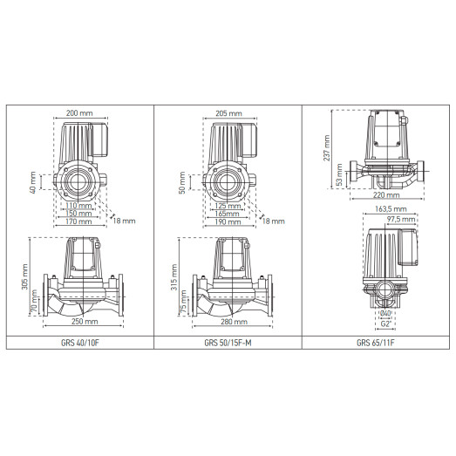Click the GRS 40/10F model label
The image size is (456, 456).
pyautogui.click(x=80, y=342)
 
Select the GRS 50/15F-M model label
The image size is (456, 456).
pyautogui.click(x=228, y=342)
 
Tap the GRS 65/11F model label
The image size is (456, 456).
pyautogui.click(x=375, y=342)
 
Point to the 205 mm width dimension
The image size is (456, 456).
pyautogui.click(x=229, y=113)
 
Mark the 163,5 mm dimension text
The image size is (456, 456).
pyautogui.click(x=385, y=209)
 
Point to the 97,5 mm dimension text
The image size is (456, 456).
pyautogui.click(x=403, y=220)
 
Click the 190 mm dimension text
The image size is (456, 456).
pyautogui.click(x=228, y=221)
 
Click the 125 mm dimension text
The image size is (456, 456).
pyautogui.click(x=228, y=206)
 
